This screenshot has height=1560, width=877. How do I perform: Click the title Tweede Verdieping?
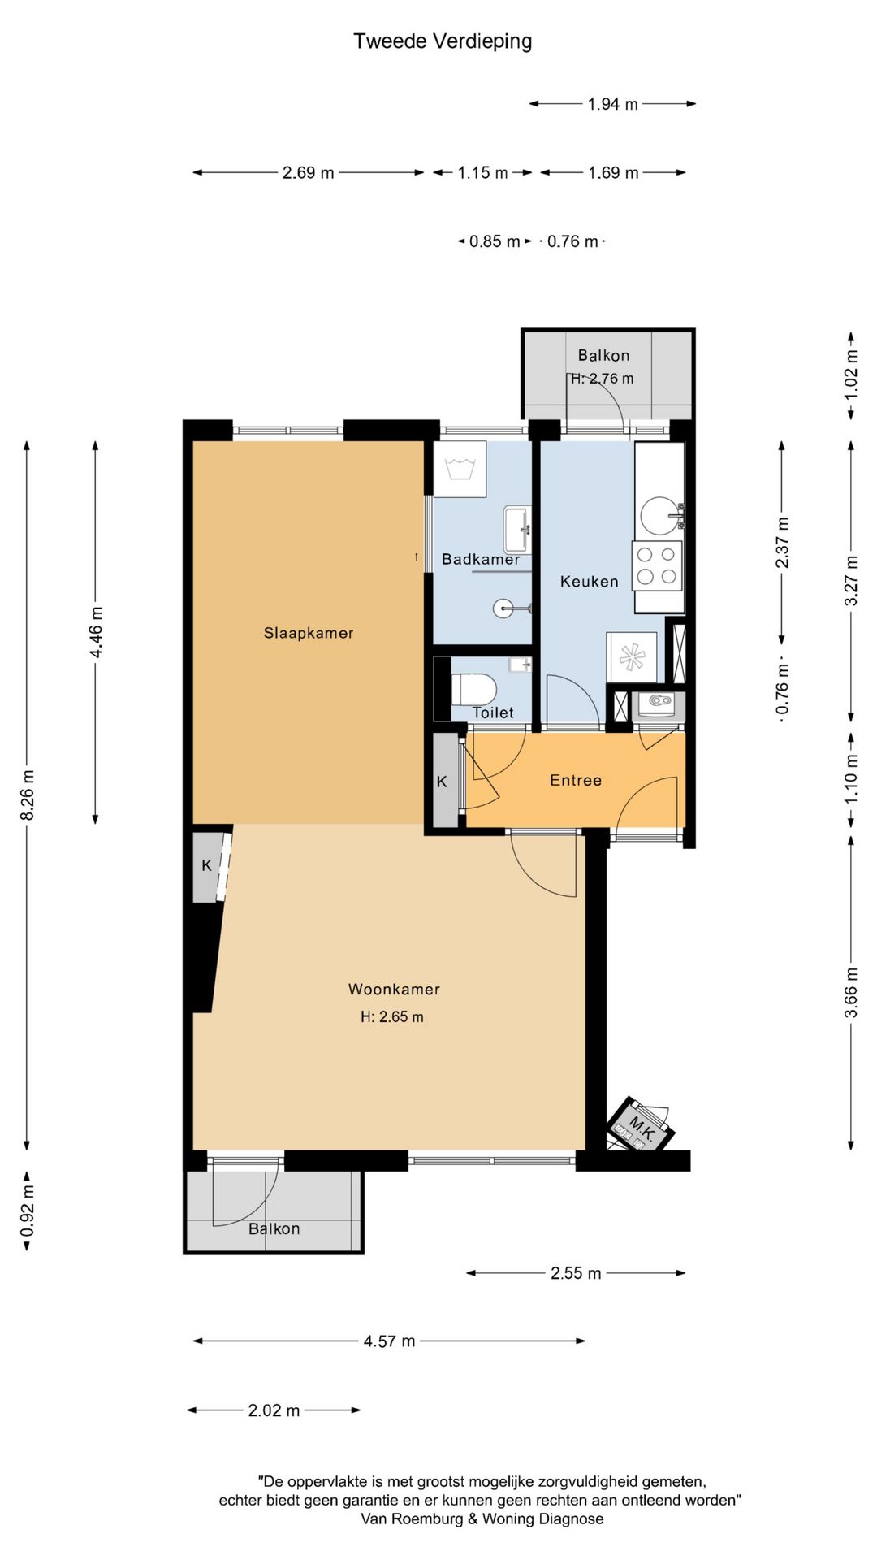(443, 41)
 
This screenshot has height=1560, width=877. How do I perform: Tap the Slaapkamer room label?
(309, 633)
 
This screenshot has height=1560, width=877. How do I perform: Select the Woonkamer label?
(394, 989)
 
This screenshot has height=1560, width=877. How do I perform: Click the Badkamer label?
(481, 559)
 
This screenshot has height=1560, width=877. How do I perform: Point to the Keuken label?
(590, 582)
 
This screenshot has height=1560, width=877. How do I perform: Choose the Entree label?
(576, 780)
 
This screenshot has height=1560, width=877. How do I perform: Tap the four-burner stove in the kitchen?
(657, 565)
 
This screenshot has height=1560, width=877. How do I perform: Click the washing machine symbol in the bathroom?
(460, 469)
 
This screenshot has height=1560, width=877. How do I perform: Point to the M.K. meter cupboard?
(641, 1125)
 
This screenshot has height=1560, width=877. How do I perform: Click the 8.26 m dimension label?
(27, 795)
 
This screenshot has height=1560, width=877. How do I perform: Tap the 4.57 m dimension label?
(389, 1341)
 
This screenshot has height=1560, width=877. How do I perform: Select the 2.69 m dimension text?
(309, 172)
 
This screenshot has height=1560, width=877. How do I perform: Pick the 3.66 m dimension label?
(851, 993)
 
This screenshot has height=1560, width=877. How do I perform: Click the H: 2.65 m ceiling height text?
(392, 1016)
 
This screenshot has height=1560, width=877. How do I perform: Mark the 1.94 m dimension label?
(613, 104)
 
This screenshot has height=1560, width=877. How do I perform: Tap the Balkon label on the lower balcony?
(274, 1228)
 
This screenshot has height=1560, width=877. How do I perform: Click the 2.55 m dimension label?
(576, 1273)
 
